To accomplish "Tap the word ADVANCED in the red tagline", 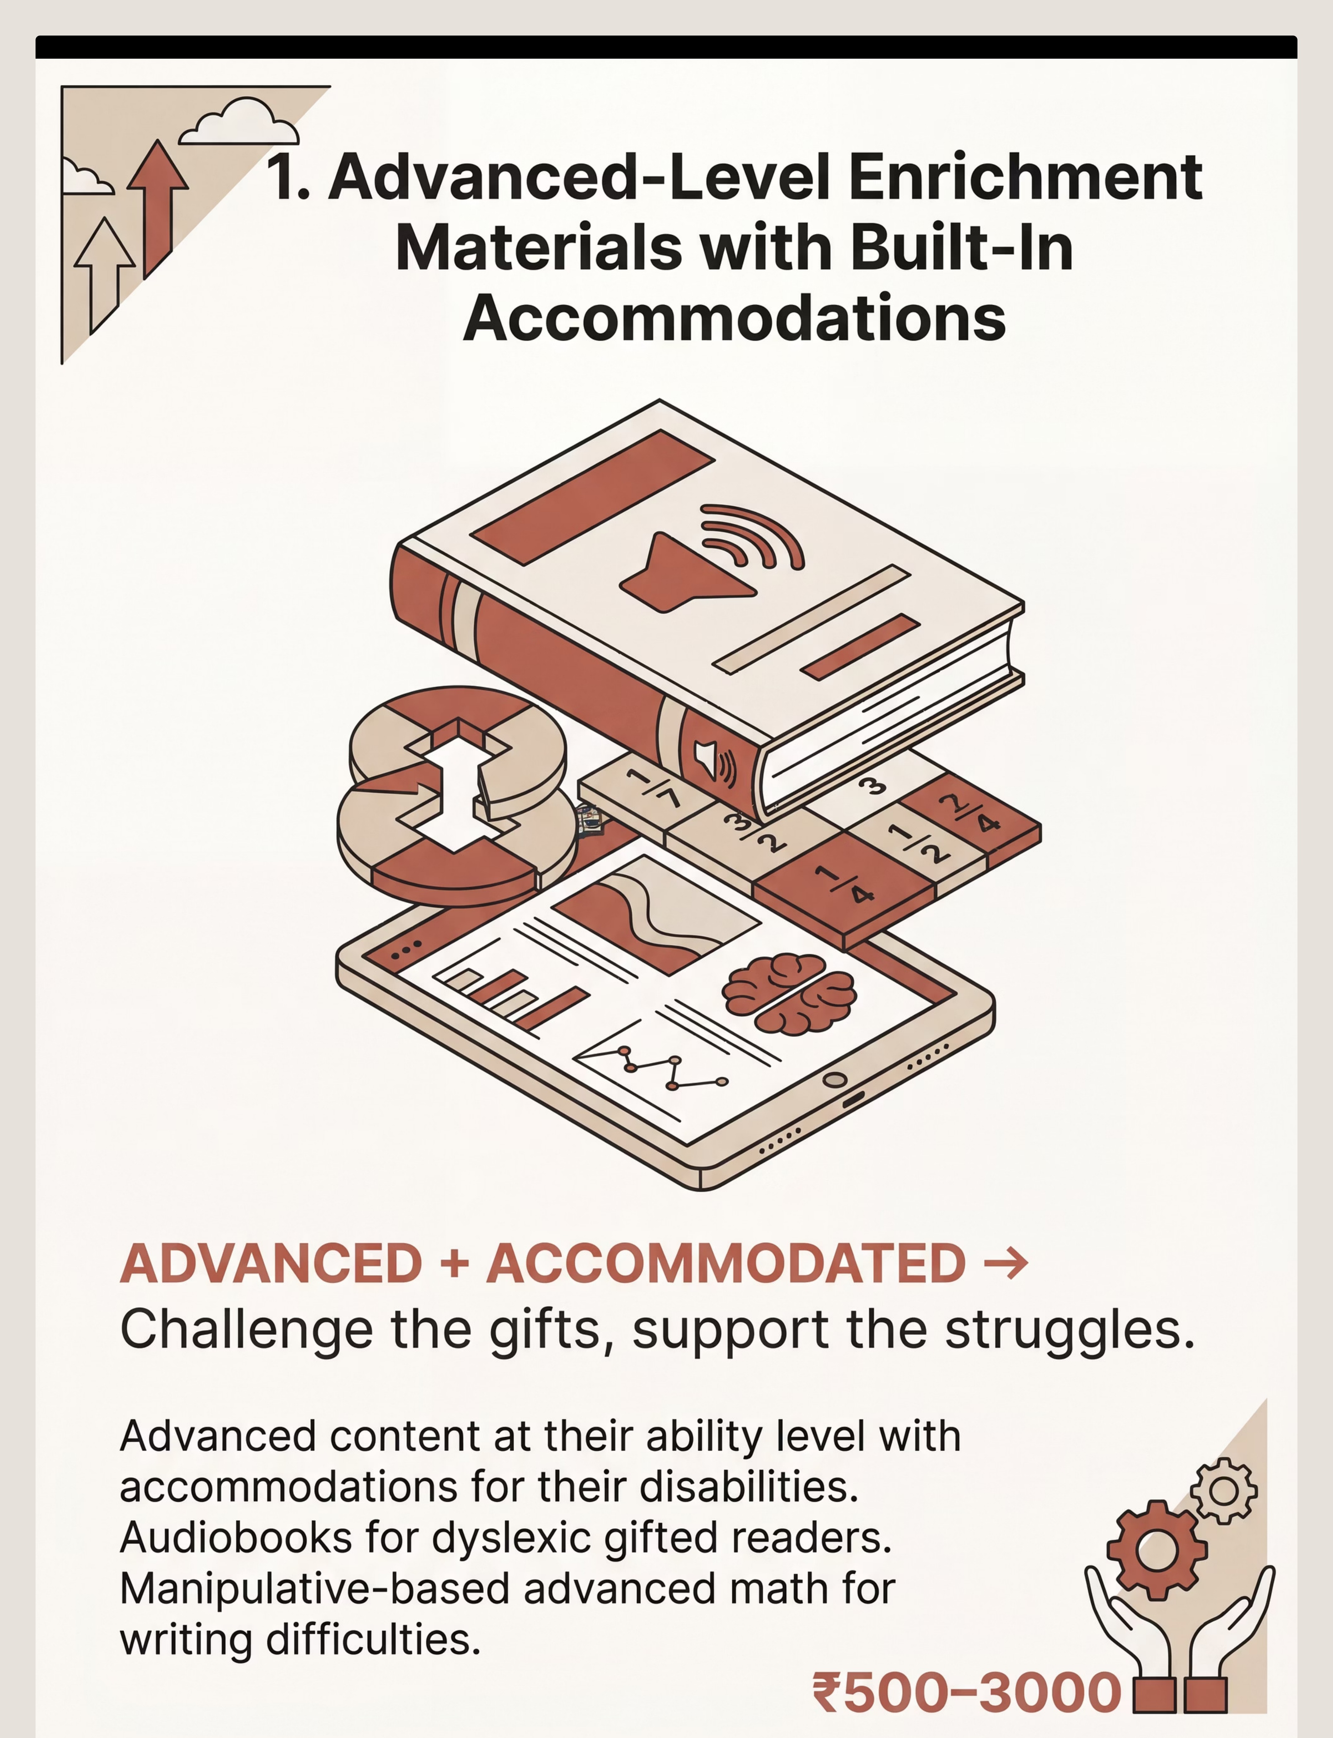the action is (x=271, y=1264).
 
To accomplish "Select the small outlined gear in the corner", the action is (x=1224, y=1490).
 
